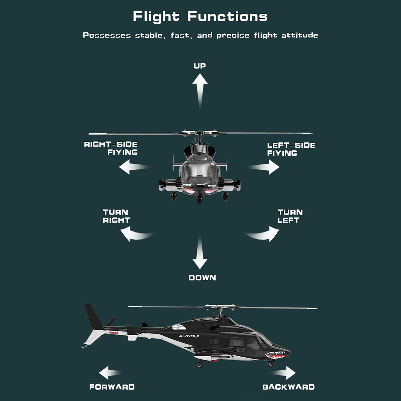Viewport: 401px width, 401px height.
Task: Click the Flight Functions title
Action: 200,16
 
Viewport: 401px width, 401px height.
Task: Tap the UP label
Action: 200,66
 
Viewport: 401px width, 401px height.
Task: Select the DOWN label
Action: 202,278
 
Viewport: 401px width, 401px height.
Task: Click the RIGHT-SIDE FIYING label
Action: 111,148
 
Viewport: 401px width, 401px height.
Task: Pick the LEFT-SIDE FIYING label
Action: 291,149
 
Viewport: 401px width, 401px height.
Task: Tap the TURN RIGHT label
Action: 116,216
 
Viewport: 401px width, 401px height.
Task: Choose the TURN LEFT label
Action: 290,216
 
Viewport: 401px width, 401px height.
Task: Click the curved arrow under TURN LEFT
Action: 266,234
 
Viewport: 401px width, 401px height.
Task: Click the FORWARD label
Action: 112,387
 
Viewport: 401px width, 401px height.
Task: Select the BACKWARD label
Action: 288,387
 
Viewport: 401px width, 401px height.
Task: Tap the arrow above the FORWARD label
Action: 110,373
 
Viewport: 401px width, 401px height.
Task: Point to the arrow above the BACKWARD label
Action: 285,373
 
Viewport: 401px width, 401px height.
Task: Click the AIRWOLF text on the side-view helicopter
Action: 189,336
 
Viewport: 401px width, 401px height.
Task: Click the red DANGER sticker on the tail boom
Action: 114,333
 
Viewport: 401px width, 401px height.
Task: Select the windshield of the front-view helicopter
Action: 200,169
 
